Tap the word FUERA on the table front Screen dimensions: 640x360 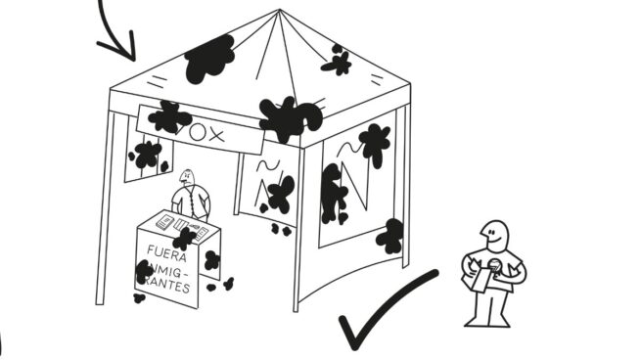166,250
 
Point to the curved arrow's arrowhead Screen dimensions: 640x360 121,48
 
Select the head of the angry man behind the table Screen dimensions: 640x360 189,178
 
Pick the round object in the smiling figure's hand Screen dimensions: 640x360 496,267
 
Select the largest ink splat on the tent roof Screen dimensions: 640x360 210,59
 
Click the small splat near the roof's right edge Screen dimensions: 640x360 338,63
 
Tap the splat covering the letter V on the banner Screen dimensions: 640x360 169,117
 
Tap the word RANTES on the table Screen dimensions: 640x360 166,289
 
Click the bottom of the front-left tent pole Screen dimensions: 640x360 99,300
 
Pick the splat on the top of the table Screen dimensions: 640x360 184,238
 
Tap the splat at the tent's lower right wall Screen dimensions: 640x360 390,236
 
